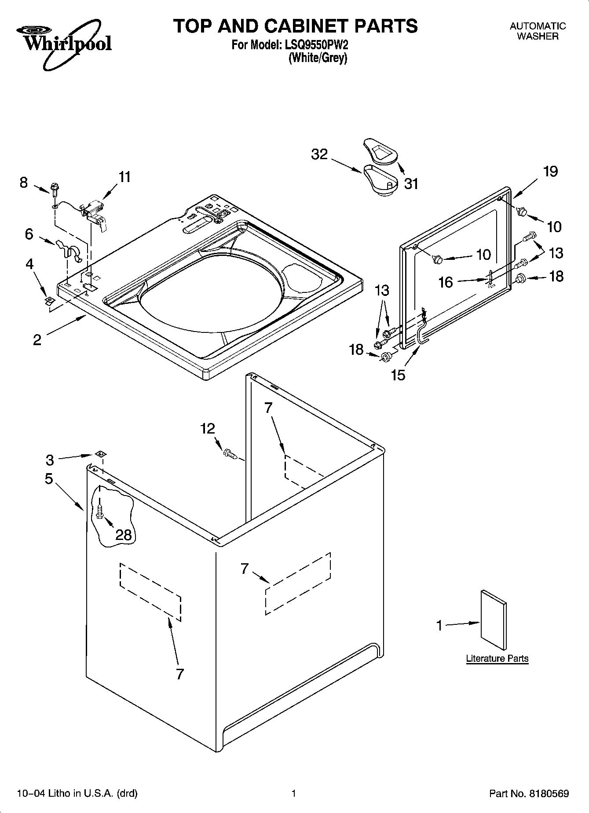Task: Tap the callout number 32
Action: click(x=319, y=154)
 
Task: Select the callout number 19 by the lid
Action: click(x=550, y=171)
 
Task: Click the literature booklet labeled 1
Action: click(x=493, y=620)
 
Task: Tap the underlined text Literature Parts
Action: click(x=497, y=658)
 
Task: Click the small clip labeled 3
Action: click(x=101, y=454)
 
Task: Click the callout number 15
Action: click(x=398, y=375)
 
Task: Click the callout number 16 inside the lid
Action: click(x=446, y=282)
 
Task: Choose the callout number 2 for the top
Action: click(x=37, y=339)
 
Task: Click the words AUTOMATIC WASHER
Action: click(x=538, y=31)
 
